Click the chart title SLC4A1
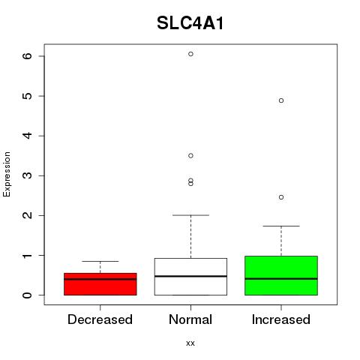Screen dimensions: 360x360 [x=190, y=23]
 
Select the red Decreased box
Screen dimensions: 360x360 [x=100, y=284]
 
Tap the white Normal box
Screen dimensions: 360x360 [x=190, y=277]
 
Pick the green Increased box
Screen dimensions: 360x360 [x=281, y=275]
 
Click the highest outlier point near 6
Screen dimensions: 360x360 [x=190, y=54]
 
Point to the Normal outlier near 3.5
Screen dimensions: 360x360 [x=190, y=156]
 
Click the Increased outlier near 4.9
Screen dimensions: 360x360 [x=281, y=100]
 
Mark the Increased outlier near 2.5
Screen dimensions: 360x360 [x=281, y=197]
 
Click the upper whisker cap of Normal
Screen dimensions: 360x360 [x=190, y=215]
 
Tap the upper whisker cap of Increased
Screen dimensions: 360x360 [x=281, y=226]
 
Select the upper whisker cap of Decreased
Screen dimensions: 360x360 [x=100, y=261]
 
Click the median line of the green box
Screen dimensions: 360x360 [x=281, y=278]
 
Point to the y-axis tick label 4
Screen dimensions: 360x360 [x=27, y=136]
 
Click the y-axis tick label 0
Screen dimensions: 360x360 [x=27, y=295]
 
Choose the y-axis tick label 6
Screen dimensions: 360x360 [x=27, y=55]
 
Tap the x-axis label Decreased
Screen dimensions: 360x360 [x=100, y=319]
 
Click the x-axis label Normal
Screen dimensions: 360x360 [x=190, y=319]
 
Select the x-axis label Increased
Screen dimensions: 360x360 [x=281, y=319]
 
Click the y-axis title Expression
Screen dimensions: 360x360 [x=7, y=174]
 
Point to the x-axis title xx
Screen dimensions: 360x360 [x=190, y=343]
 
